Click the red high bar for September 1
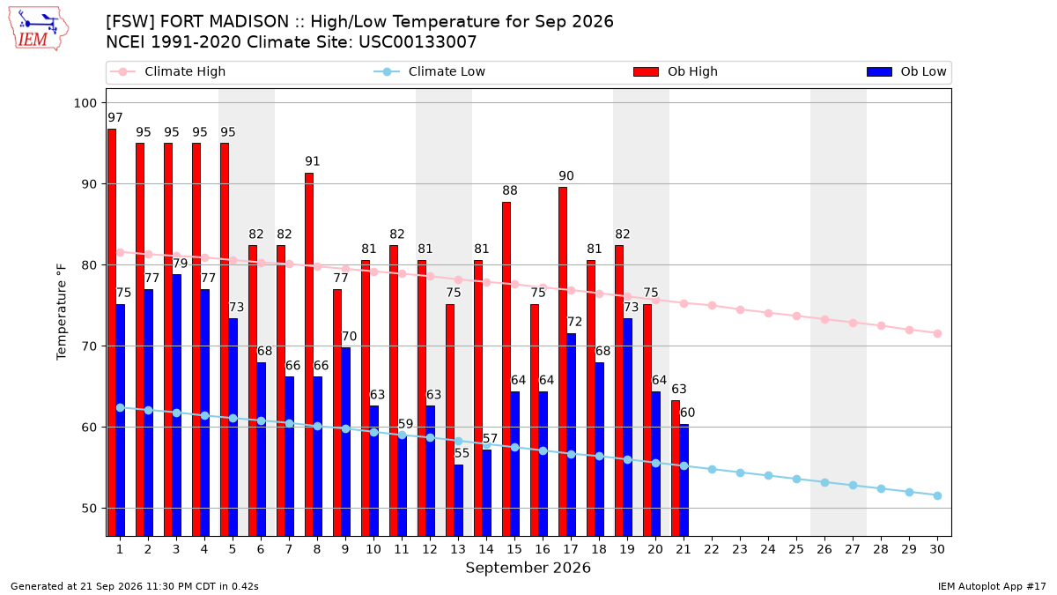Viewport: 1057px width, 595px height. [x=112, y=332]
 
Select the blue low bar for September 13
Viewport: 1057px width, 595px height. [x=459, y=501]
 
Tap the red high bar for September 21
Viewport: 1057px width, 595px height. [x=676, y=468]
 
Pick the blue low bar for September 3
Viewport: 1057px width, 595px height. [x=176, y=405]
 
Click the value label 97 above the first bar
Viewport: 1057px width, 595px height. [x=115, y=117]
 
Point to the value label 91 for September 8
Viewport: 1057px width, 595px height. [x=313, y=161]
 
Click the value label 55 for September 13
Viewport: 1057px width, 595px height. [x=462, y=453]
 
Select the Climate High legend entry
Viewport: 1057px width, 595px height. [x=168, y=71]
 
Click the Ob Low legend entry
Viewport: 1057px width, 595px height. [x=906, y=71]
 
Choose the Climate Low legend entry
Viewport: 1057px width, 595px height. [x=430, y=71]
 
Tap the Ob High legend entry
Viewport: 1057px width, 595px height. [x=676, y=71]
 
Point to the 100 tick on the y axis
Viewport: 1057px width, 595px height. [x=85, y=103]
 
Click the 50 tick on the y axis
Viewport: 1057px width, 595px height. [x=89, y=509]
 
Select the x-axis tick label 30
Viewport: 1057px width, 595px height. [x=937, y=549]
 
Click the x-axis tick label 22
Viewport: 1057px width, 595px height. [x=712, y=549]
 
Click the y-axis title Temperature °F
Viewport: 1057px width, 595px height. [x=62, y=313]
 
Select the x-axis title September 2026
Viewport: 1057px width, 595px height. [x=528, y=568]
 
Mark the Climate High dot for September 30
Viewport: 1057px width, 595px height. [x=937, y=334]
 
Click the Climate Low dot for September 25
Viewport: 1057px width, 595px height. [x=796, y=480]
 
